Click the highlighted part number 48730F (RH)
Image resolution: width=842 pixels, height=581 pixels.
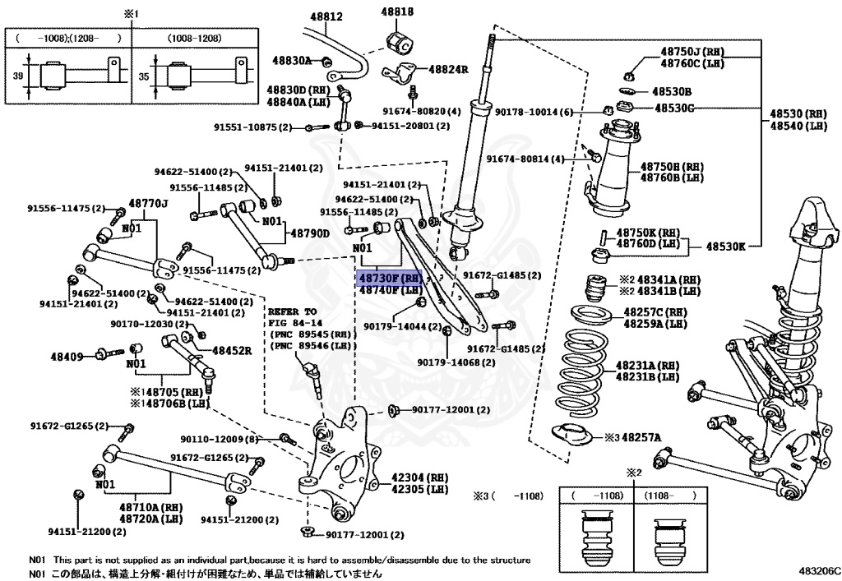click(x=389, y=278)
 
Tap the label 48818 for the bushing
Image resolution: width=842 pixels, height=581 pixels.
click(x=397, y=12)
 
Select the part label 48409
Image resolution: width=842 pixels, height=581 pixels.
click(x=67, y=356)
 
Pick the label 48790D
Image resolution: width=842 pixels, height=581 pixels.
click(x=308, y=233)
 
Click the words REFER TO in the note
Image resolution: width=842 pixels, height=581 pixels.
click(x=292, y=312)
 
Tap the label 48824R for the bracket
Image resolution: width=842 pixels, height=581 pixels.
click(x=448, y=70)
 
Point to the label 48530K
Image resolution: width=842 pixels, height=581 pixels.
click(x=723, y=246)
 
